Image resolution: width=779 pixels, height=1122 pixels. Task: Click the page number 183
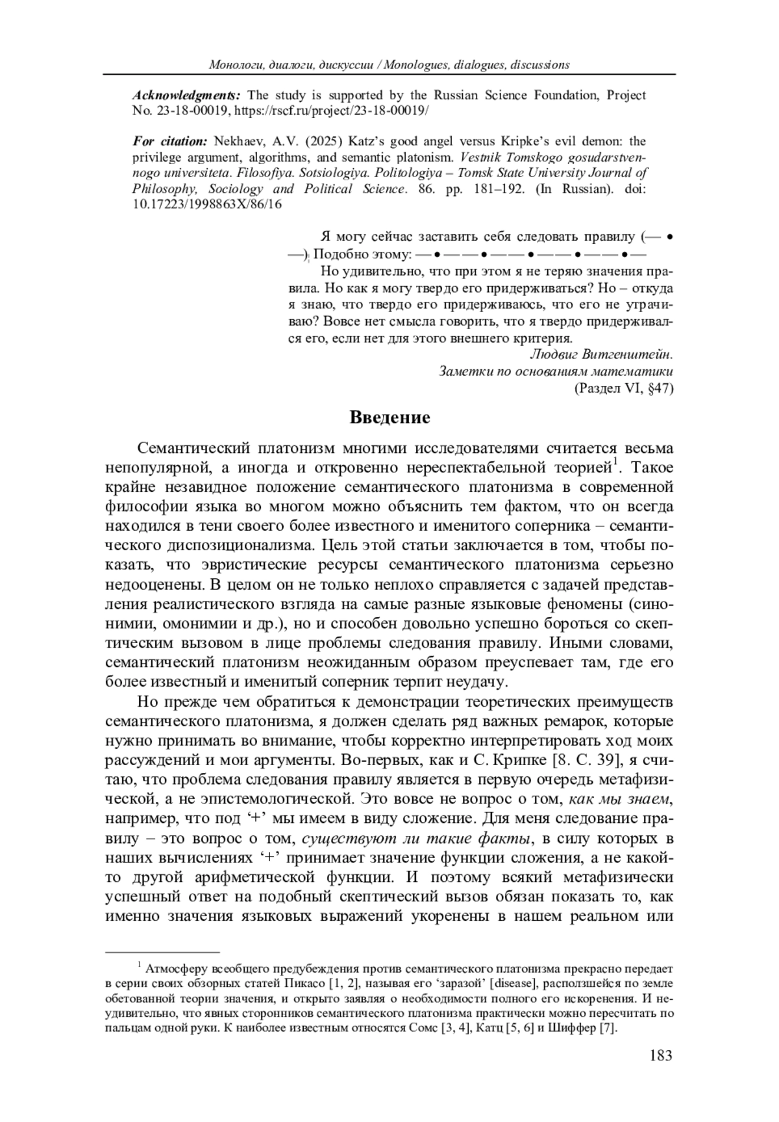[660, 1055]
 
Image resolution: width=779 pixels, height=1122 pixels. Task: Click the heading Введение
[389, 417]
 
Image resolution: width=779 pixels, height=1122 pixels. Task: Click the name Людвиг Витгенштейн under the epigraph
[601, 354]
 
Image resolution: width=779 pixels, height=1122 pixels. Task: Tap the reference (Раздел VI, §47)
[623, 388]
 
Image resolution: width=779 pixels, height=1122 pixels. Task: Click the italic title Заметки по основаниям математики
[556, 371]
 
